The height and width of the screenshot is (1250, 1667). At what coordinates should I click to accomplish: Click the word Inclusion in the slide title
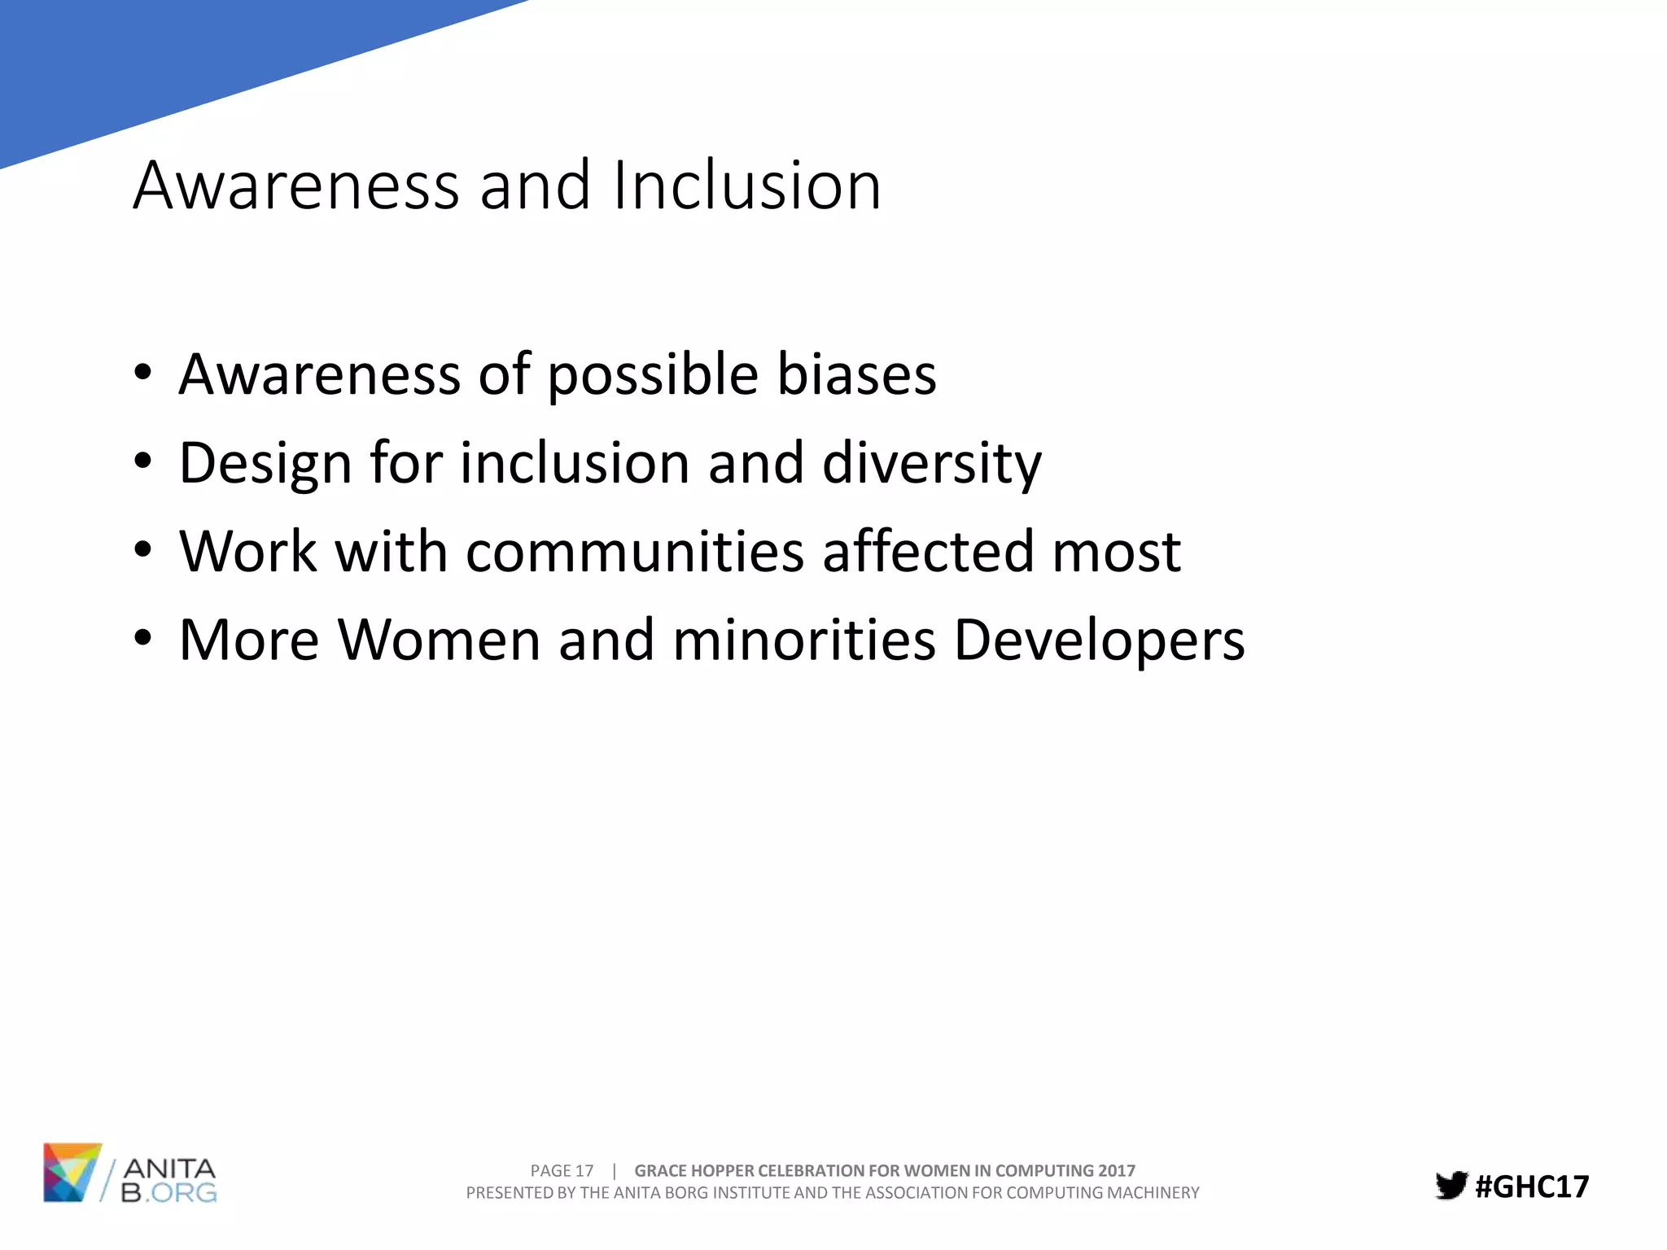pos(746,186)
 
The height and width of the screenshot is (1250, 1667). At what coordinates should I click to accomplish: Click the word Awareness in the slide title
pos(297,186)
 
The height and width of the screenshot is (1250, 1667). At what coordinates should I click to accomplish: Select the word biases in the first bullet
pos(856,374)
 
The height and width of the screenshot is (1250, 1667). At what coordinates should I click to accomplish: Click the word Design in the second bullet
pos(265,464)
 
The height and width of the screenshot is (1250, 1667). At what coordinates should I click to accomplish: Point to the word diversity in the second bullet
pos(931,464)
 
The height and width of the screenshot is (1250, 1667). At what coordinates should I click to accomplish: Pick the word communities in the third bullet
pos(635,552)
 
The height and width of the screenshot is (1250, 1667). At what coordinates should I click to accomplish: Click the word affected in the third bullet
pos(927,552)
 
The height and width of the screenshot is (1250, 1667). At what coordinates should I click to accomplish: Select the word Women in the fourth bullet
pos(440,640)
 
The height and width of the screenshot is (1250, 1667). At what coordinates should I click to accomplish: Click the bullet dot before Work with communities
pos(143,551)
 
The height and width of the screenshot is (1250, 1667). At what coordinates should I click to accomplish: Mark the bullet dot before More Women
pos(143,639)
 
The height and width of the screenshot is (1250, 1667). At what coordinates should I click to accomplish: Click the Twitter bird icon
pos(1450,1186)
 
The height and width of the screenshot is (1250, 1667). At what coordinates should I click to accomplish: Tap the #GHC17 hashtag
pos(1532,1187)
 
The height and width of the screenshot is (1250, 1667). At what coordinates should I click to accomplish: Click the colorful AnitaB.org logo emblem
pos(72,1172)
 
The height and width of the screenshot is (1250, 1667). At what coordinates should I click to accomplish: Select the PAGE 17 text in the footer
pos(562,1170)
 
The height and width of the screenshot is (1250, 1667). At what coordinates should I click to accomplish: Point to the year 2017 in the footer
pos(1116,1170)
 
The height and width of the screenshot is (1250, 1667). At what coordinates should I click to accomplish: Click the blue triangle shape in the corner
pos(163,57)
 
